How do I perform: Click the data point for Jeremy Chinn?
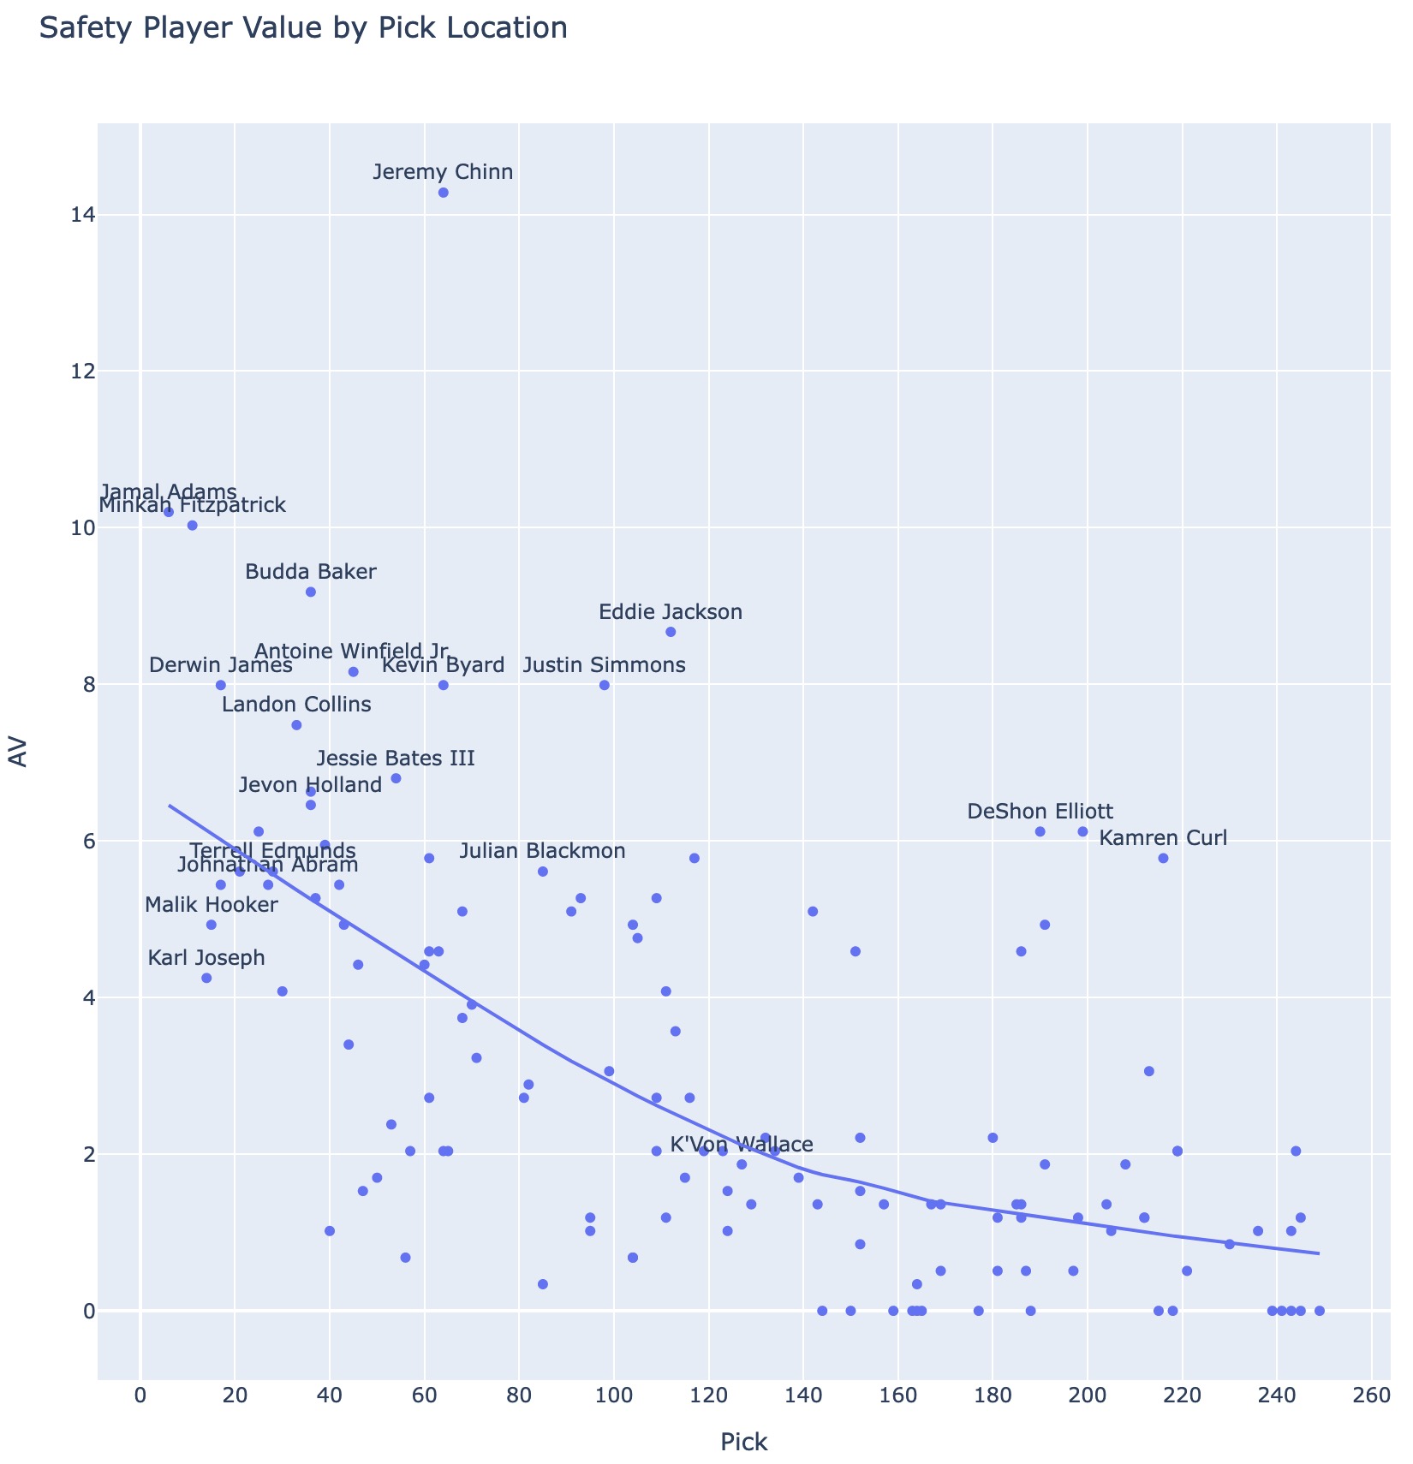coord(443,193)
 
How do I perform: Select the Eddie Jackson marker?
coord(671,632)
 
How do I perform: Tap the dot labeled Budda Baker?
coord(311,592)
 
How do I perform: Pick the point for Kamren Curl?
coord(1163,858)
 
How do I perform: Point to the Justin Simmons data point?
coord(604,685)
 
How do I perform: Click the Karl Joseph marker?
coord(206,978)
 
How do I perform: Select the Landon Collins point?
coord(296,725)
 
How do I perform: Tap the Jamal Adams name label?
coord(169,492)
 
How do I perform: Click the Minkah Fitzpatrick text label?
coord(192,505)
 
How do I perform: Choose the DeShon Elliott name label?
coord(1040,812)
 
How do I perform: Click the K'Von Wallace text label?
coord(742,1145)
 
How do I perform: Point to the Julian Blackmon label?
coord(542,852)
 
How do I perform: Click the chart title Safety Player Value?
coord(303,28)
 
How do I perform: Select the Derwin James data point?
coord(220,685)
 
